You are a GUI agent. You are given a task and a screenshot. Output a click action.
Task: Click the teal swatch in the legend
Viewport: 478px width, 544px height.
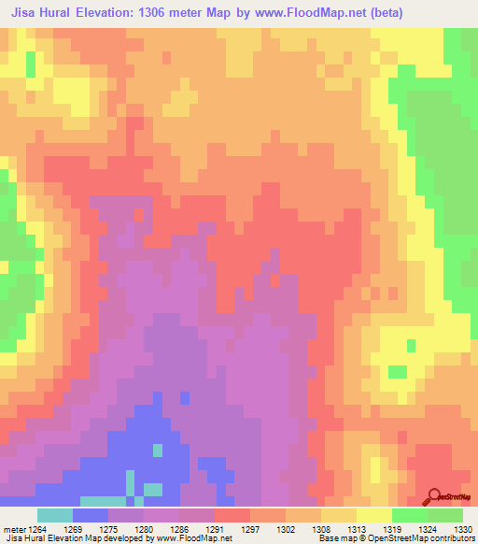point(55,515)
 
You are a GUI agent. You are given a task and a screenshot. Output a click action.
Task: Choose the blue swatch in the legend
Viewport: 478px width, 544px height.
point(91,515)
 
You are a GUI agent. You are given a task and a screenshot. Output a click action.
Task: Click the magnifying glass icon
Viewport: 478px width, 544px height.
point(433,495)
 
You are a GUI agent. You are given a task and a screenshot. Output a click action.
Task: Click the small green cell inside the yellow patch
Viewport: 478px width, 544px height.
point(399,372)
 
